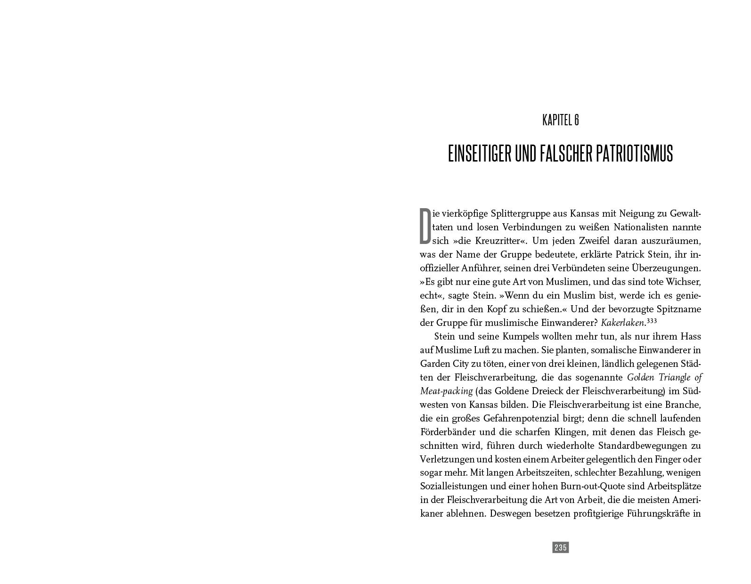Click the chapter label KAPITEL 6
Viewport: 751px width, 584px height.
560,120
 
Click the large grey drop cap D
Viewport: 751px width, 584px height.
425,227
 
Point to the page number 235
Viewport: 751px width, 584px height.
560,547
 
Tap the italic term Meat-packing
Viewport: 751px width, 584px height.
446,391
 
